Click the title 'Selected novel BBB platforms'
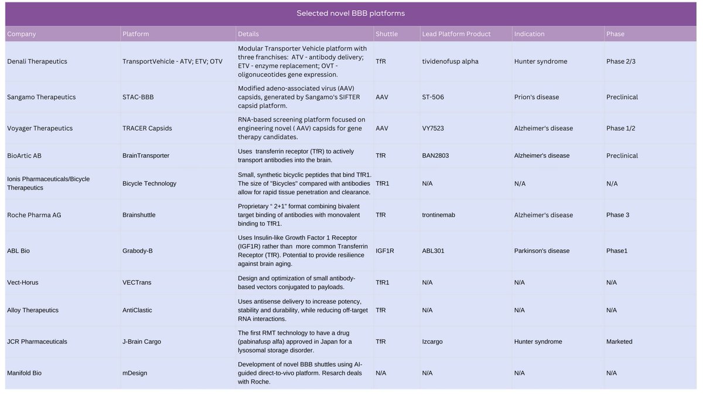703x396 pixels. point(350,13)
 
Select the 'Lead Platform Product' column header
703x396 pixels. point(456,34)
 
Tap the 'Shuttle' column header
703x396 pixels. point(387,34)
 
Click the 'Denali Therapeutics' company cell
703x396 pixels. point(37,62)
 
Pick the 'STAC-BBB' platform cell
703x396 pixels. point(138,97)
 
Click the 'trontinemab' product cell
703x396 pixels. point(438,215)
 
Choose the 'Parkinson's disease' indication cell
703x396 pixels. point(542,251)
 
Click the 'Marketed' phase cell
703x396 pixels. point(619,341)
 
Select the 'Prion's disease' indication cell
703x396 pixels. point(537,97)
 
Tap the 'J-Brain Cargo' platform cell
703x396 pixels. point(142,341)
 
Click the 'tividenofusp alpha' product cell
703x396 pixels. point(450,62)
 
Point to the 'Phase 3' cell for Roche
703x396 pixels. point(618,215)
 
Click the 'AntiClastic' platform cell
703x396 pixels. point(137,310)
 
